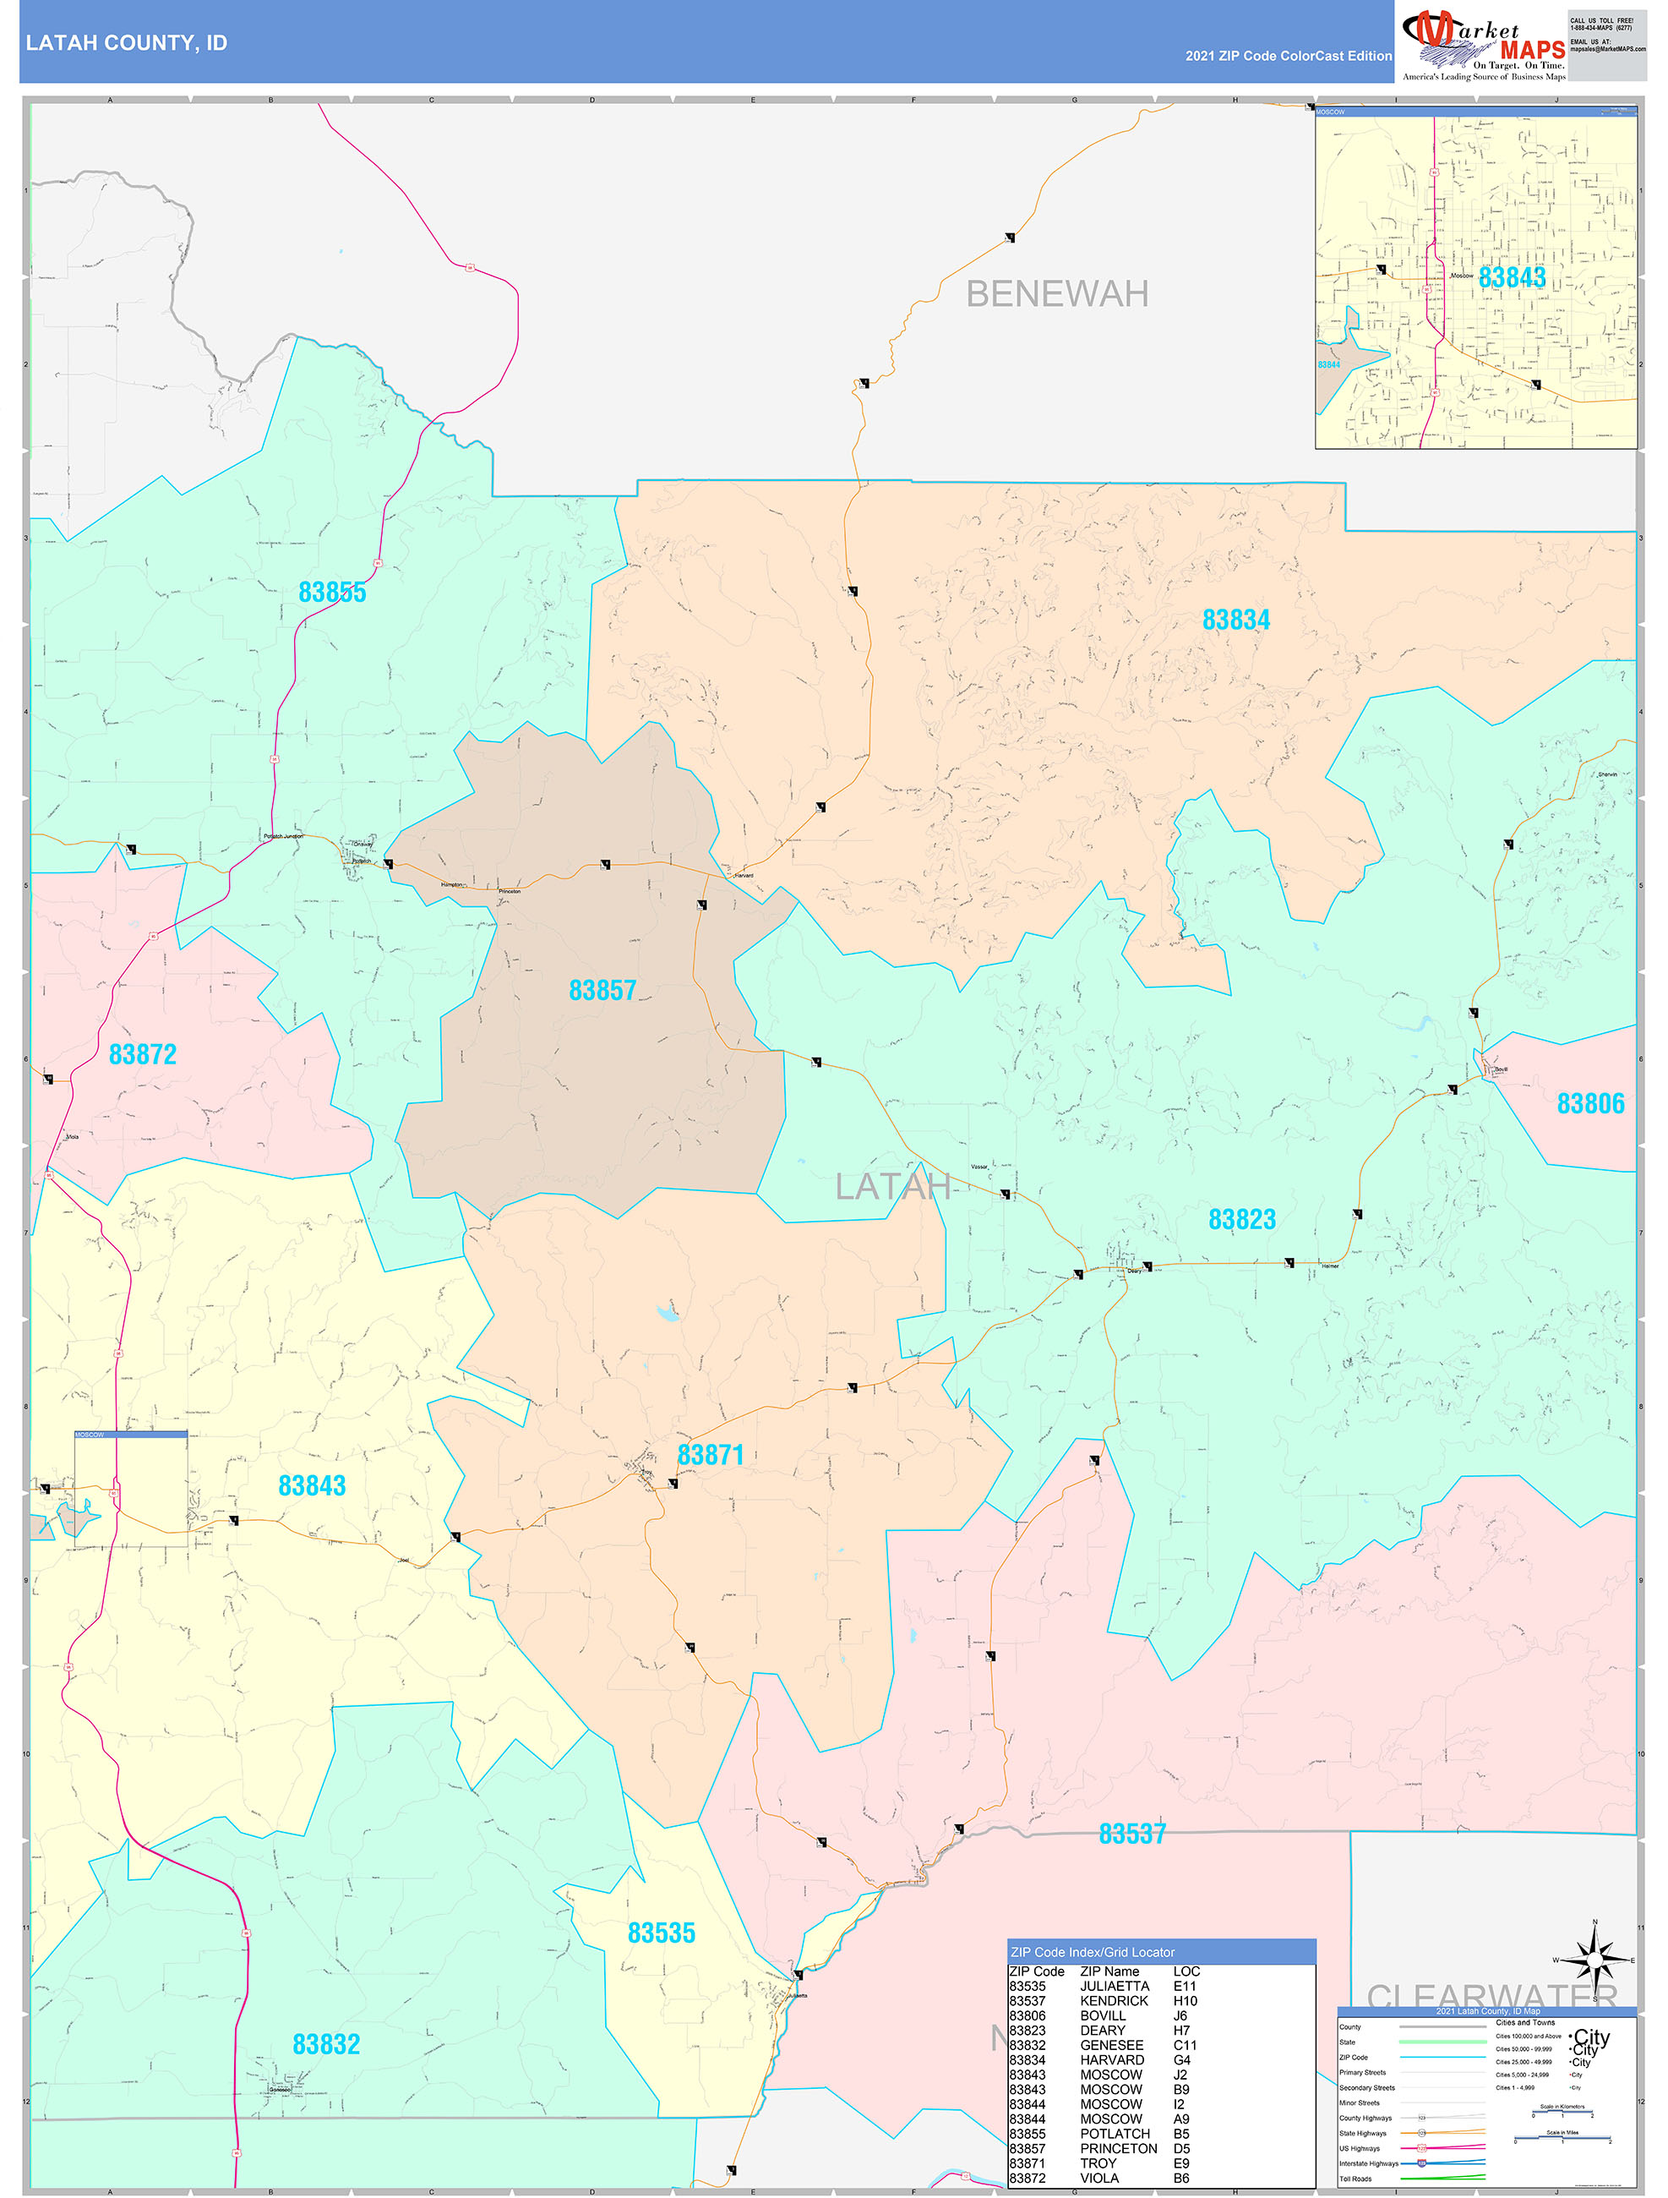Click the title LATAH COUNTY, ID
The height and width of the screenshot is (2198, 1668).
click(x=126, y=43)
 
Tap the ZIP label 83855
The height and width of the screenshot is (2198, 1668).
click(x=332, y=593)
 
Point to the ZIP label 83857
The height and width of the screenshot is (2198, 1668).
click(x=602, y=991)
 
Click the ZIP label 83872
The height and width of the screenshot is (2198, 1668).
click(x=142, y=1054)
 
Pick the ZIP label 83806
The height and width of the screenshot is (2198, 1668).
click(x=1589, y=1104)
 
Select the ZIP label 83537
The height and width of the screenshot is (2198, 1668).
click(x=1131, y=1834)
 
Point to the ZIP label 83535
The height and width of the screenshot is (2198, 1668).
click(x=661, y=1933)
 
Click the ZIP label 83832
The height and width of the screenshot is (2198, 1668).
click(x=326, y=2044)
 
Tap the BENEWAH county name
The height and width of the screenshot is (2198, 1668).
click(x=1056, y=294)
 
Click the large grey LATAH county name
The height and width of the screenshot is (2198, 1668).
click(x=891, y=1186)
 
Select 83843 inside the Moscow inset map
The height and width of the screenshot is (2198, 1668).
click(x=1511, y=277)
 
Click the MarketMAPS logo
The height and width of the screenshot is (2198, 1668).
click(x=1483, y=45)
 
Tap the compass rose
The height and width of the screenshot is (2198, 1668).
click(x=1594, y=1960)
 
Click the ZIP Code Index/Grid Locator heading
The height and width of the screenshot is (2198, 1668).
click(x=1092, y=1951)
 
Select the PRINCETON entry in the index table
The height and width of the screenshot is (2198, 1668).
click(x=1118, y=2148)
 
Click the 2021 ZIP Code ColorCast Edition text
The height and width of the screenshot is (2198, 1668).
click(x=1288, y=56)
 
